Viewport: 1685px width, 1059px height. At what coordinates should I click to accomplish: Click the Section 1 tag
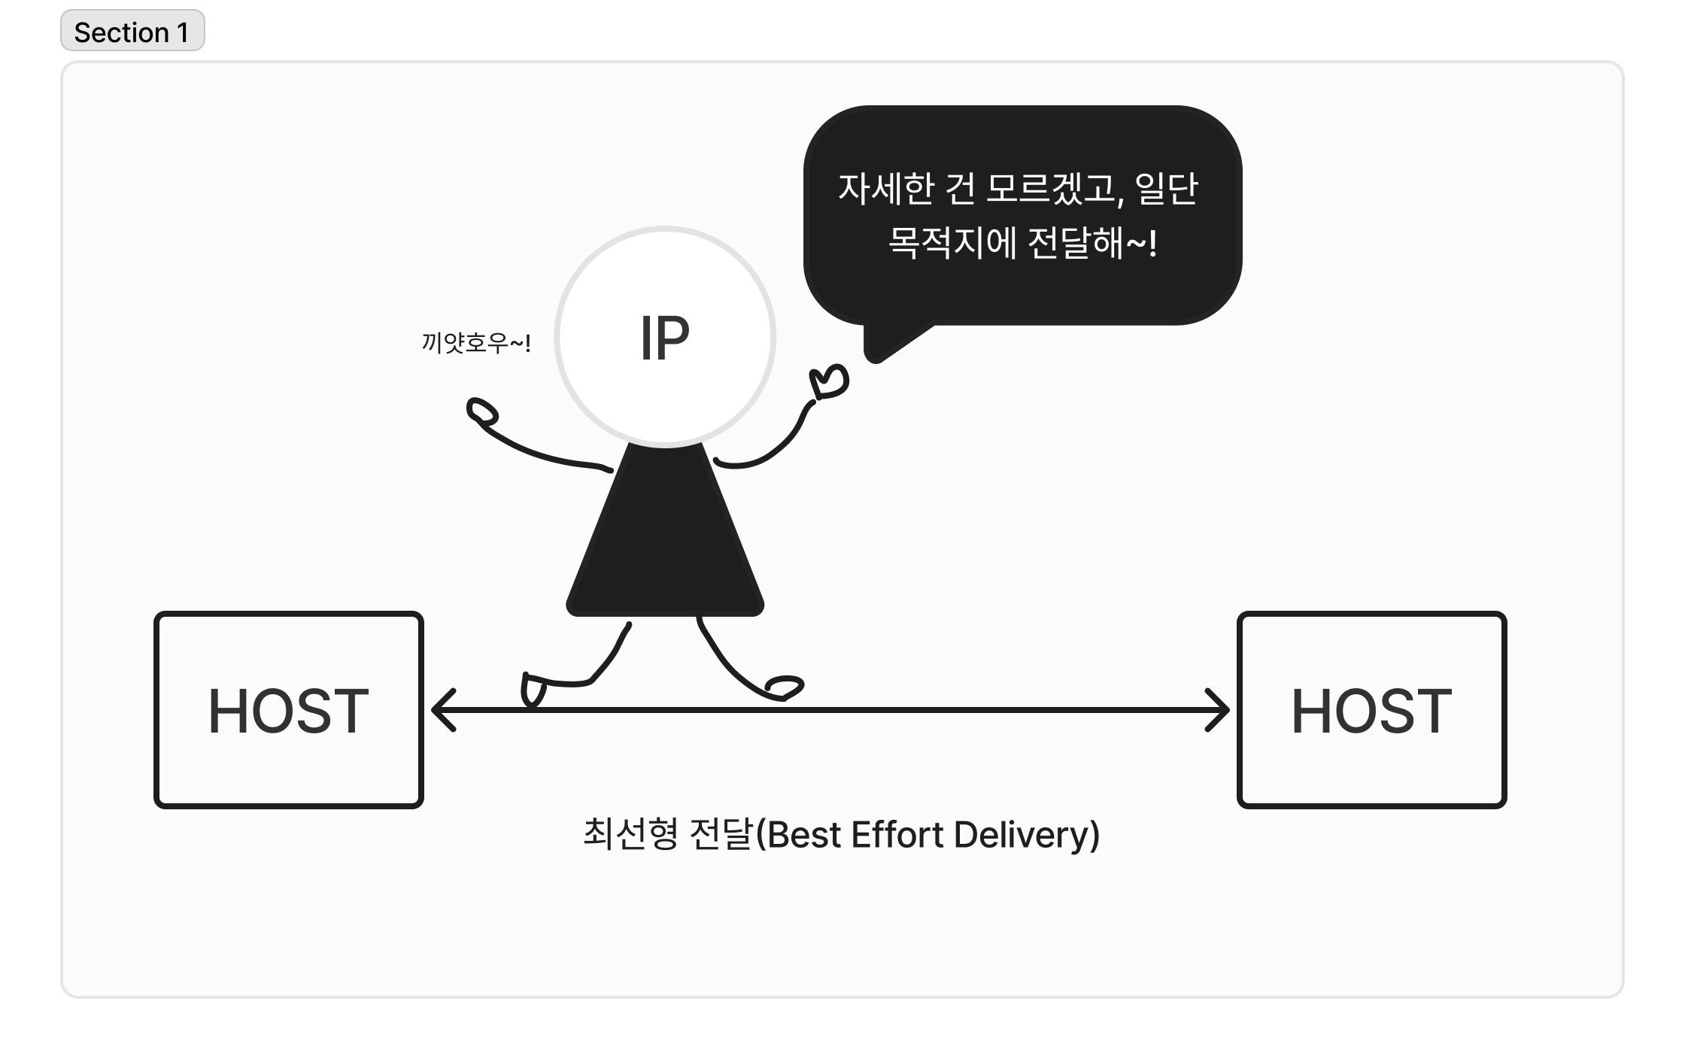click(x=132, y=32)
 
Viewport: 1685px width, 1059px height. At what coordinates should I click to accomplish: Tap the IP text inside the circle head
click(x=664, y=338)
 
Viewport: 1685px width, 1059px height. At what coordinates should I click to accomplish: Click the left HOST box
click(x=289, y=710)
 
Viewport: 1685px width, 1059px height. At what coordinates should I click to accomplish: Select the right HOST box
click(x=1371, y=710)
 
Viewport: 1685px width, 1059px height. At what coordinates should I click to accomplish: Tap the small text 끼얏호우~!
click(x=476, y=344)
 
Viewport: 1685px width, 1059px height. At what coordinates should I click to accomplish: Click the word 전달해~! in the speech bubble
click(x=1091, y=243)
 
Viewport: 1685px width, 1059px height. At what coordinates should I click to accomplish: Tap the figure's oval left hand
click(x=482, y=412)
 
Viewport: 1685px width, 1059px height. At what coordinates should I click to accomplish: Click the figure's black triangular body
click(x=664, y=542)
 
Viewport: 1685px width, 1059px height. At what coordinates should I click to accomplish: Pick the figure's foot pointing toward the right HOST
click(x=785, y=687)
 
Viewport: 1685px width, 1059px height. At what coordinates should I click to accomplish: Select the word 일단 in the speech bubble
click(x=1165, y=189)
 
